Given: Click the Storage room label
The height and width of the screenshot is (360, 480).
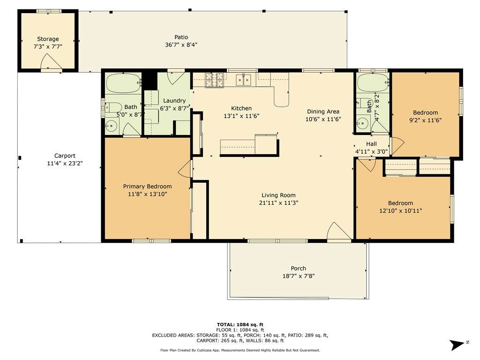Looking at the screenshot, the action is (x=48, y=39).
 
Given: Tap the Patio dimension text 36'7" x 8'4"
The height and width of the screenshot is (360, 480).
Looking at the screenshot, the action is (x=181, y=45).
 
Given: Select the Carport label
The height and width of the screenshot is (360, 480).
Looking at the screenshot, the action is (x=65, y=156).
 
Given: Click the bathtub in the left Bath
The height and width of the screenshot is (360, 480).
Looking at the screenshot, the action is (x=124, y=83).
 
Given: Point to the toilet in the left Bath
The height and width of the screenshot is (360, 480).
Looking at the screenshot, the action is (x=112, y=107).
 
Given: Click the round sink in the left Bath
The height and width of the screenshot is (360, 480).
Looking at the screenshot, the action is (x=112, y=126).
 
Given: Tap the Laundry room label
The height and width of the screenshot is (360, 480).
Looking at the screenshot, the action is (x=174, y=101).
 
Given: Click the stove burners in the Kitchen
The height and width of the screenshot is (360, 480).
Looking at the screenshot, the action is (x=214, y=80).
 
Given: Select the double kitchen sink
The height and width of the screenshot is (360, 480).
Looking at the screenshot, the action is (x=243, y=80).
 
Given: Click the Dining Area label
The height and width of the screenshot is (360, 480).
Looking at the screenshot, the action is (x=323, y=112).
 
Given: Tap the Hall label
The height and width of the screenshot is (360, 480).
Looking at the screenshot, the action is (x=371, y=143).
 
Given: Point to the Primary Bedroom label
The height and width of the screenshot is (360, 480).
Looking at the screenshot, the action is (x=147, y=186).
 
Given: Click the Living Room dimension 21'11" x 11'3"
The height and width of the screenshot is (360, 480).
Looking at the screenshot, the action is (x=278, y=202).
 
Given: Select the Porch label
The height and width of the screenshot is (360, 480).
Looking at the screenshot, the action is (x=299, y=268).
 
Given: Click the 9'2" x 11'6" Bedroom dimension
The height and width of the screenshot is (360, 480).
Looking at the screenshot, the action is (x=425, y=120).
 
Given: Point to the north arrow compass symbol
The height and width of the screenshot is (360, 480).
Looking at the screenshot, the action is (x=458, y=345).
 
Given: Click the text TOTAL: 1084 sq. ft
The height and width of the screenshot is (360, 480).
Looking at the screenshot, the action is (x=240, y=324).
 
